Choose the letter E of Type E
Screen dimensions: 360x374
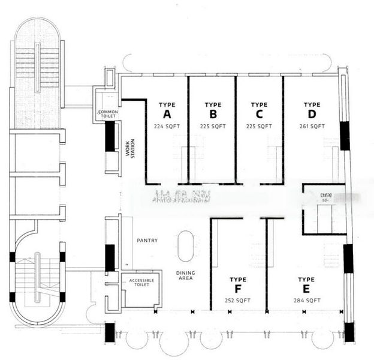point(306,289)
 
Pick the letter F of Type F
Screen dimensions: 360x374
point(238,289)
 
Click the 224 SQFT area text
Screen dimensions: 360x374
point(167,127)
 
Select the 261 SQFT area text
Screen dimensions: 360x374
point(312,127)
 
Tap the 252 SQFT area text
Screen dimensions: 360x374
point(238,300)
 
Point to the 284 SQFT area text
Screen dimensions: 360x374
point(306,300)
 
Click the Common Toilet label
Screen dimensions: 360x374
point(108,115)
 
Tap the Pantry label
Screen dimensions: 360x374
point(147,241)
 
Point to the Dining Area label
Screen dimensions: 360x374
point(185,276)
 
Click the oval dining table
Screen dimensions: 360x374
point(186,247)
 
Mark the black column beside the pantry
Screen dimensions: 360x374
point(110,258)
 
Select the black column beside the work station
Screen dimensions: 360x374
point(110,136)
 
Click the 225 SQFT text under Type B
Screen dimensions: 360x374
point(213,127)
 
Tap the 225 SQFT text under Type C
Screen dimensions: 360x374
point(259,127)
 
